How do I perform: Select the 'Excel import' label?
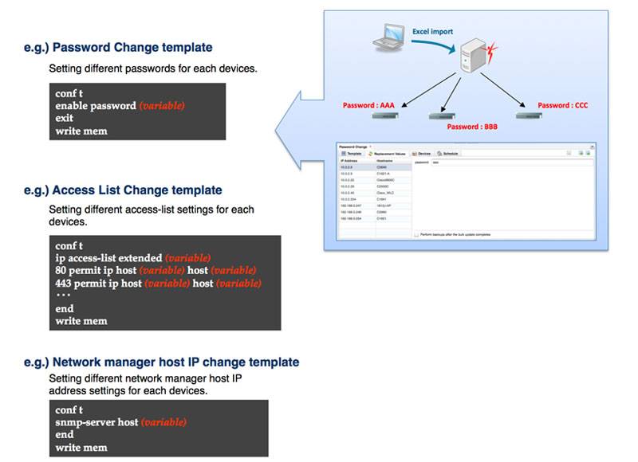click(x=432, y=32)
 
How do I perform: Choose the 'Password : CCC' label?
click(x=562, y=105)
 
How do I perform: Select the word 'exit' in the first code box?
click(x=65, y=118)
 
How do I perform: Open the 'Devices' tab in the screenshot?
click(x=422, y=153)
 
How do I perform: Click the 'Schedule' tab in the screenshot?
click(x=447, y=153)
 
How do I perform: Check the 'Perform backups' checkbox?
click(x=417, y=235)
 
